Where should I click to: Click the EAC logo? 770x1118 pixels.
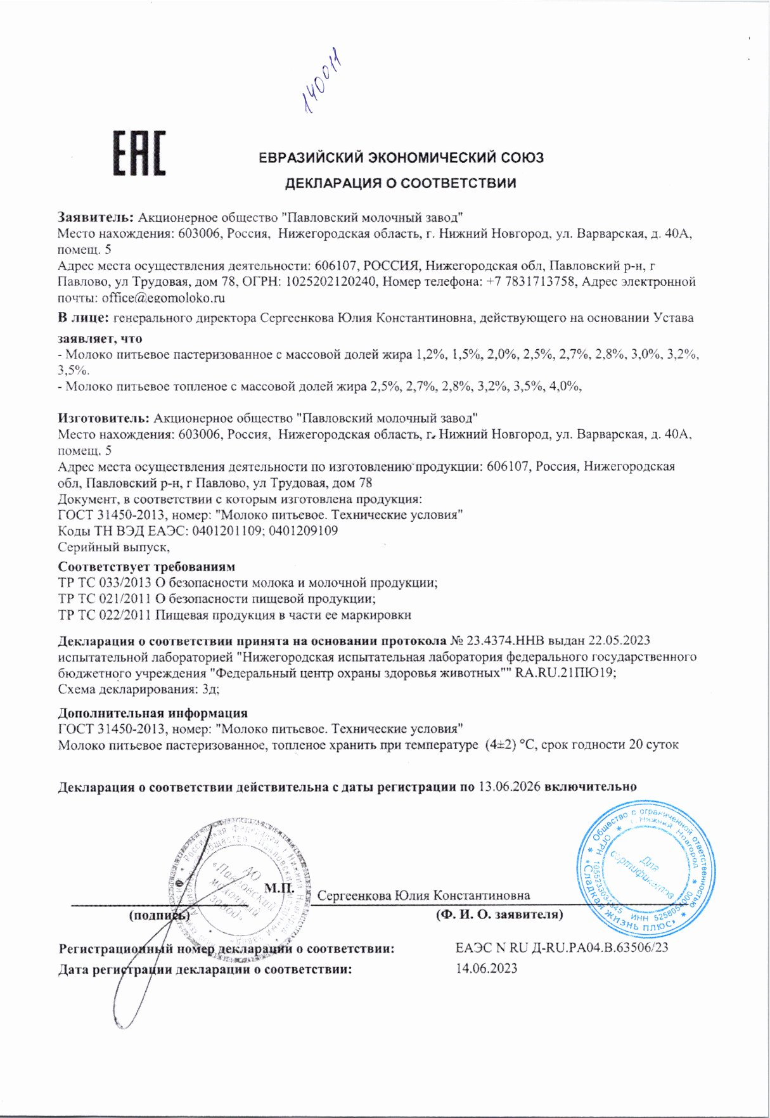139,154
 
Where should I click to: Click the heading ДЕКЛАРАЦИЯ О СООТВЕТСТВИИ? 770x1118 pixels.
401,184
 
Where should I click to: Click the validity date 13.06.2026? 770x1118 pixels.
509,787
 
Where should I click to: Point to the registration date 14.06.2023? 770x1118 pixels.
486,968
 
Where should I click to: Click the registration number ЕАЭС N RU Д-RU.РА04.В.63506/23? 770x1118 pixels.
561,948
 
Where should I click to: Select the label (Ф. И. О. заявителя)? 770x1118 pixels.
499,915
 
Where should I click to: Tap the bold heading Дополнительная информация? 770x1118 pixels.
153,713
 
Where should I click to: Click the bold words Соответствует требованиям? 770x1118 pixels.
146,567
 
